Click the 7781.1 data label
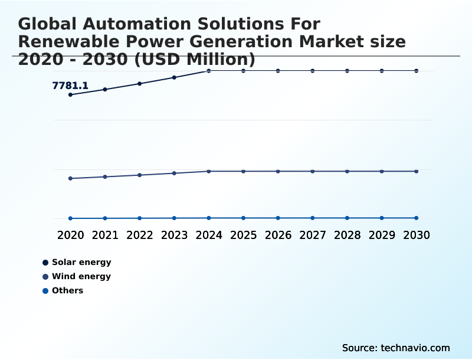click(x=70, y=86)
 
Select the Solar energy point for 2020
click(x=71, y=94)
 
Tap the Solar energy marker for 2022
click(x=140, y=84)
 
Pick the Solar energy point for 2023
click(x=174, y=77)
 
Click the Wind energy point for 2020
click(x=71, y=178)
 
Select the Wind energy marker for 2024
click(x=209, y=171)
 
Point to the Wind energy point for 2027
click(x=313, y=171)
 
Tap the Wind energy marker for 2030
click(x=417, y=171)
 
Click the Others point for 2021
click(x=105, y=218)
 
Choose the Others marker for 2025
click(x=243, y=218)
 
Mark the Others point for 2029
click(x=382, y=218)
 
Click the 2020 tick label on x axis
click(x=71, y=235)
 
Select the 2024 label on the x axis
click(x=209, y=235)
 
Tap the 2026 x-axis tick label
click(x=278, y=235)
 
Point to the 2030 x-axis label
click(x=417, y=235)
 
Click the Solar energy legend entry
click(x=81, y=262)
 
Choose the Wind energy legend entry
click(x=81, y=276)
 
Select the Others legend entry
click(x=67, y=290)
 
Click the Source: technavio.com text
click(x=396, y=348)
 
